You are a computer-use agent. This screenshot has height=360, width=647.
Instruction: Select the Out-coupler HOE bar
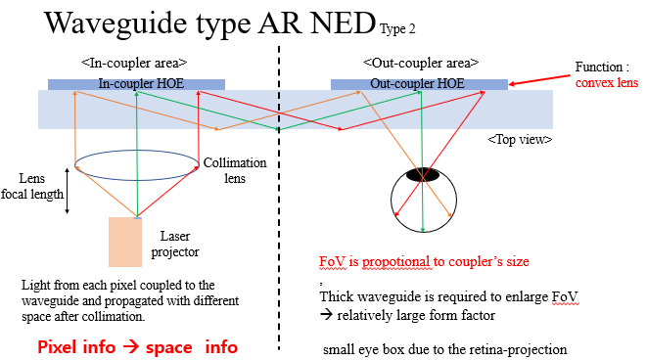coord(418,84)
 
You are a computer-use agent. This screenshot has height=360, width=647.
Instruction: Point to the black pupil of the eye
coord(423,175)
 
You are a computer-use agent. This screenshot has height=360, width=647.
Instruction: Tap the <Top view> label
coord(519,139)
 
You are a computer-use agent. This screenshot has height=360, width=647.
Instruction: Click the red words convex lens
coord(607,84)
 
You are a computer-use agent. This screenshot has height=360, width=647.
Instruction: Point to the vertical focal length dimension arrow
coord(67,191)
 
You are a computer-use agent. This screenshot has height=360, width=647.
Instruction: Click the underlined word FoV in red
coord(332,262)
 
